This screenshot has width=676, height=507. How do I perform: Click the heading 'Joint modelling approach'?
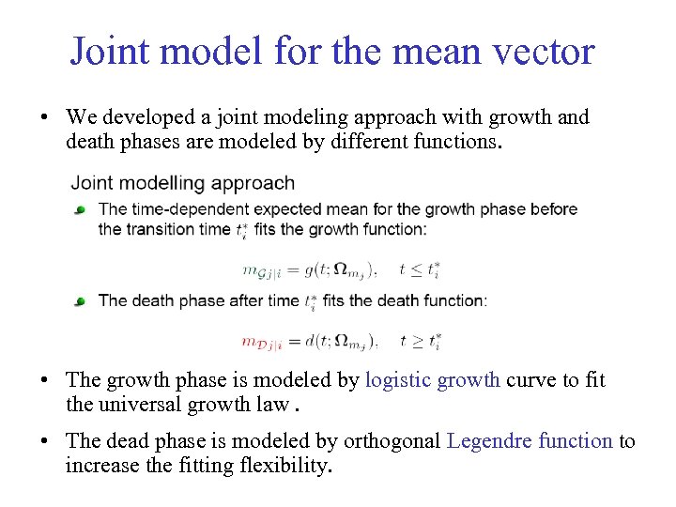point(183,183)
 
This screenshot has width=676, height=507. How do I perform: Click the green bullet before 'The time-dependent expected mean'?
point(82,209)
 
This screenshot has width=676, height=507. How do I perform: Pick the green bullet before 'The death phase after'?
point(82,301)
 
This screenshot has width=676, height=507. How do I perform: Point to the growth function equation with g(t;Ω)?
point(311,269)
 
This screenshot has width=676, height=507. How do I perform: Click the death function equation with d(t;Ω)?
point(311,341)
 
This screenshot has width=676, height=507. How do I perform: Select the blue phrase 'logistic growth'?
point(433,380)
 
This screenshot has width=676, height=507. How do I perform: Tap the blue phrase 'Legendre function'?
point(530,441)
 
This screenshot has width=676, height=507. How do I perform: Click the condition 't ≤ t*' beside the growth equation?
point(420,269)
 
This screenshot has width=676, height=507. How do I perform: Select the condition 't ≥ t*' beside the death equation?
point(420,341)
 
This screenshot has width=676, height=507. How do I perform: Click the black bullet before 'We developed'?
point(44,118)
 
